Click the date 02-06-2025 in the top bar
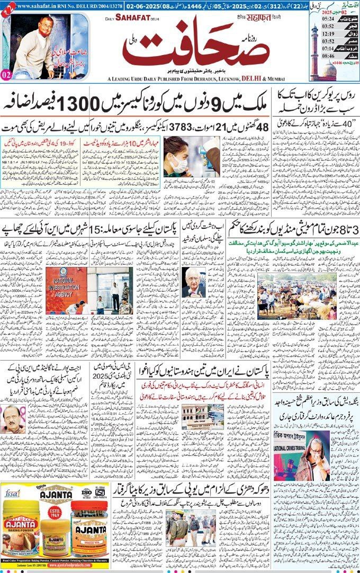click(143, 5)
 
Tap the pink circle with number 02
click(6, 75)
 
